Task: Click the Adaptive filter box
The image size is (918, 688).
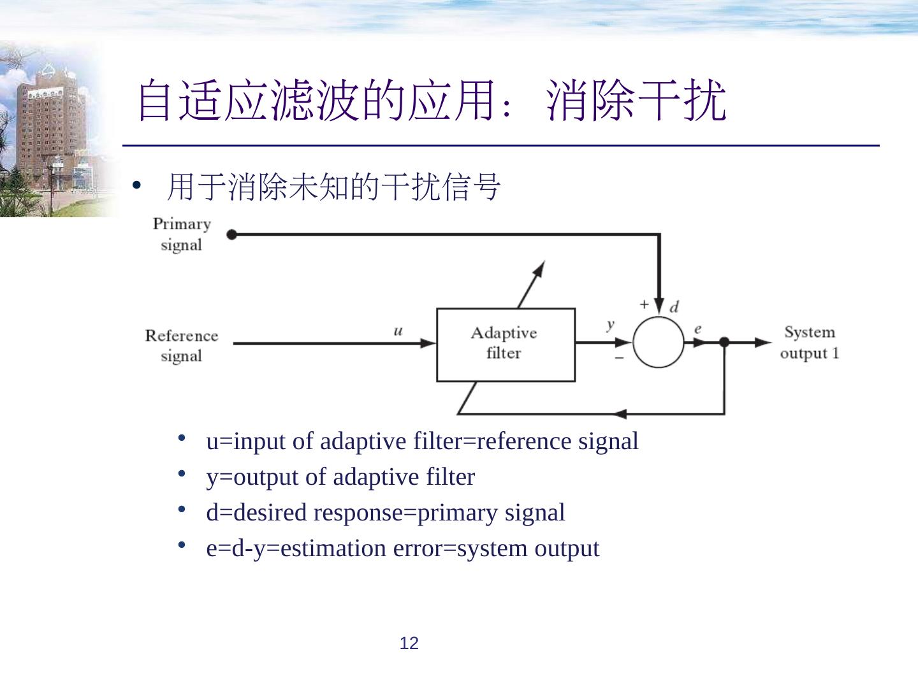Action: [x=505, y=345]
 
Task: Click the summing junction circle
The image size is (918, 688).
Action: [x=659, y=342]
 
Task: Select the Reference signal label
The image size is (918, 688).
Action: [x=182, y=345]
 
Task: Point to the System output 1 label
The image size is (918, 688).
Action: [x=810, y=342]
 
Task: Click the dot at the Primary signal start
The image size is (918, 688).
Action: [x=231, y=234]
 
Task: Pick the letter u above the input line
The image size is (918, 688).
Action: [x=398, y=331]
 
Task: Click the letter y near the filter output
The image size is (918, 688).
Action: [x=611, y=324]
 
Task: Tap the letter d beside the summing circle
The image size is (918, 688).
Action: [x=674, y=307]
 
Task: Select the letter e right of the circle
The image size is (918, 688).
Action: [x=698, y=329]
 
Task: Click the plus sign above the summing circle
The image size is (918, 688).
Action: [x=644, y=305]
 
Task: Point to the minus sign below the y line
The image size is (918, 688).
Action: [x=619, y=358]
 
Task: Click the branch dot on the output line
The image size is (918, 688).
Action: [x=724, y=342]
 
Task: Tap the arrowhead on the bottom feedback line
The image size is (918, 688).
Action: [x=620, y=414]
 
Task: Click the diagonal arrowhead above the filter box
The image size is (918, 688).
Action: [x=539, y=268]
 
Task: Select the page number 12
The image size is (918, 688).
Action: [x=409, y=643]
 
